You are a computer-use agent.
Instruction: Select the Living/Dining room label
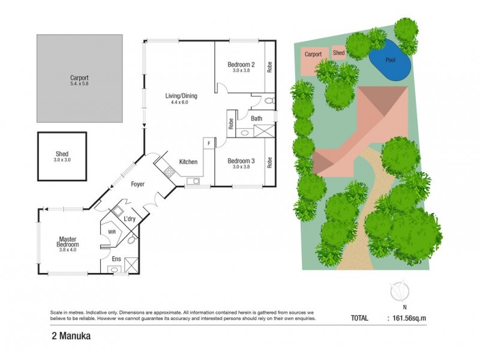pyautogui.click(x=181, y=96)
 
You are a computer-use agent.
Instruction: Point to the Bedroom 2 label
pyautogui.click(x=241, y=65)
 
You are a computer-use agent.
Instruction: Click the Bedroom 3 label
pyautogui.click(x=241, y=161)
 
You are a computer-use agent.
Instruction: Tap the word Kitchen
pyautogui.click(x=188, y=162)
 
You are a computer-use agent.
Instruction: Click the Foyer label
pyautogui.click(x=139, y=184)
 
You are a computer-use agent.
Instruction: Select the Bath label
pyautogui.click(x=256, y=119)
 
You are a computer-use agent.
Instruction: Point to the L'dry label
pyautogui.click(x=130, y=219)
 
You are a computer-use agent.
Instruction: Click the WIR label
pyautogui.click(x=112, y=230)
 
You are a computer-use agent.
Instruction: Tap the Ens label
pyautogui.click(x=116, y=259)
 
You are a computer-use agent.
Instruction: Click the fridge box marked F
pyautogui.click(x=209, y=143)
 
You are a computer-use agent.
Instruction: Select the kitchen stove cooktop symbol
pyautogui.click(x=169, y=172)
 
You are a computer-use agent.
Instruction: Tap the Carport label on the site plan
pyautogui.click(x=313, y=54)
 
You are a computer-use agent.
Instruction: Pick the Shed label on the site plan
pyautogui.click(x=339, y=53)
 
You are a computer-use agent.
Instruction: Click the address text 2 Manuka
pyautogui.click(x=71, y=336)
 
